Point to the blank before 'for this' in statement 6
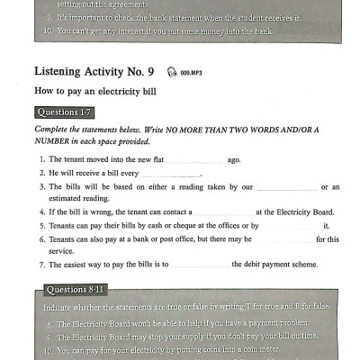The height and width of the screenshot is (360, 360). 286,238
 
